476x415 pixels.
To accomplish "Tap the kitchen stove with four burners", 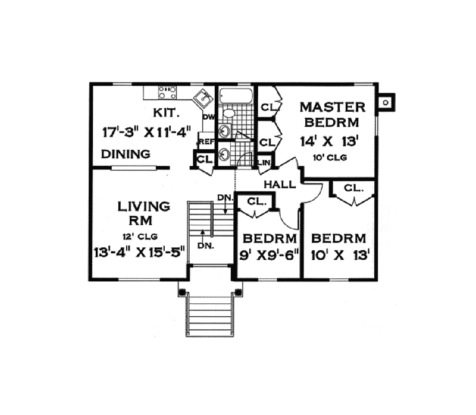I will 167,92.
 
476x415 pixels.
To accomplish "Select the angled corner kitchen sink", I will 205,96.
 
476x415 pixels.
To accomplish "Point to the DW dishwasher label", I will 208,117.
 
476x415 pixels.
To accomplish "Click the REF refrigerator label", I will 206,142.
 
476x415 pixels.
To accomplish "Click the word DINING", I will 125,154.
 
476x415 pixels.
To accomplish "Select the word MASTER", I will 331,107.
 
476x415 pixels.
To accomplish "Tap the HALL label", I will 279,184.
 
